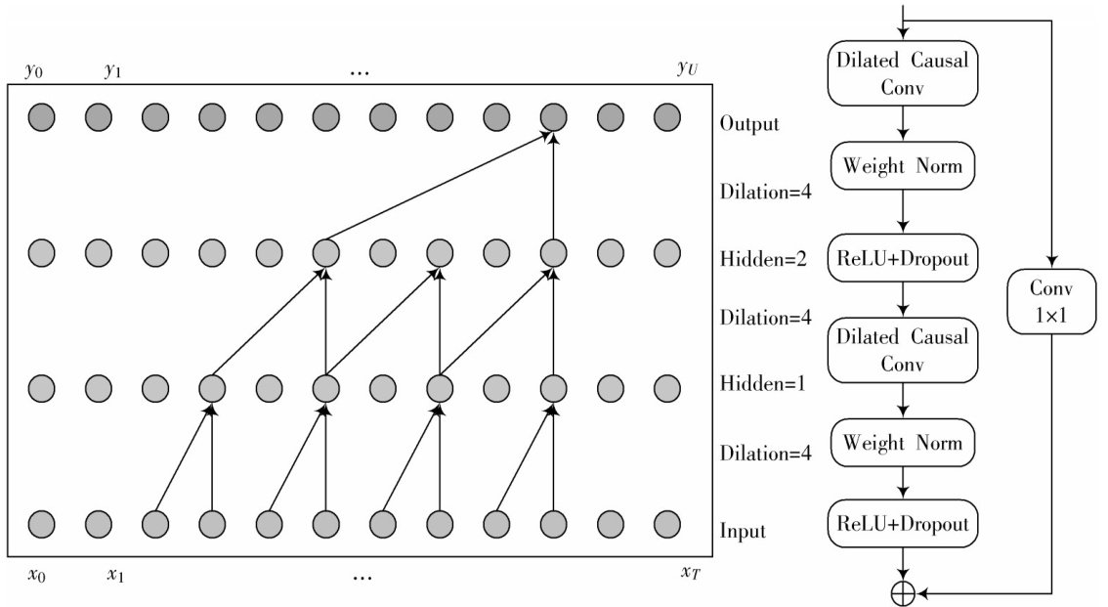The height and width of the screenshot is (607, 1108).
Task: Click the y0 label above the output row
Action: [x=33, y=71]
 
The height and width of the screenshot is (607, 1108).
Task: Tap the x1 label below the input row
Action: [x=115, y=575]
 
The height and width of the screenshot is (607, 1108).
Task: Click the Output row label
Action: [x=749, y=124]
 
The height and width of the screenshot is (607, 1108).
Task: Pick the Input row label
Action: [x=743, y=532]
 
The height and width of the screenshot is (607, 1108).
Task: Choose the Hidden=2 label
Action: [x=762, y=260]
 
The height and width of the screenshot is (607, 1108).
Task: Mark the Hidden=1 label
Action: [x=762, y=383]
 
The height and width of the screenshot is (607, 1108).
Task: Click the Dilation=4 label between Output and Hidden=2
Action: [x=766, y=191]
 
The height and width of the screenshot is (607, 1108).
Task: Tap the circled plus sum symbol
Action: [x=903, y=593]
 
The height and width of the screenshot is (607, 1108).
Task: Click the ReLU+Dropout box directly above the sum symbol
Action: [x=903, y=524]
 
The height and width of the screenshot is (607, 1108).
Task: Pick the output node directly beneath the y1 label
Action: [x=98, y=118]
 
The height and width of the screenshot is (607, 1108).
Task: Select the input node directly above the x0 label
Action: [x=41, y=523]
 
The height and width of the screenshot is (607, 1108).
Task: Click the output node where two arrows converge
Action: [x=553, y=118]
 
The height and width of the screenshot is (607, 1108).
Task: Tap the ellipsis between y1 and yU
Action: [x=359, y=74]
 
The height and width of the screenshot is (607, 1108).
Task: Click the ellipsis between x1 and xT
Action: [x=362, y=577]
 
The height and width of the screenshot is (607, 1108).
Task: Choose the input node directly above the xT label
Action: [x=666, y=523]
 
